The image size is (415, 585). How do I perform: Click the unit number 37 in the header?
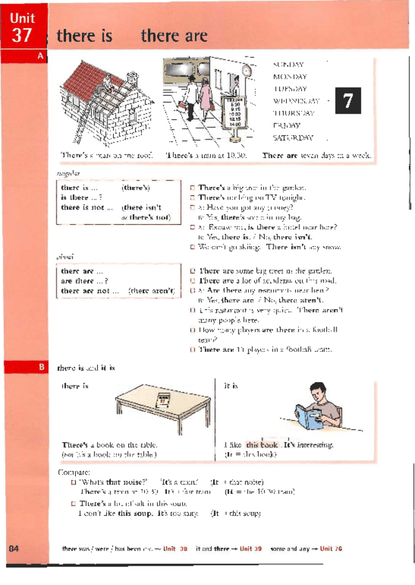pos(21,37)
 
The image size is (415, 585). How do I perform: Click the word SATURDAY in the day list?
pos(293,137)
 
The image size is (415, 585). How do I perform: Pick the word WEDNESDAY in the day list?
pos(296,101)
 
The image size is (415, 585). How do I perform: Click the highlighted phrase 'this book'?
pos(262,445)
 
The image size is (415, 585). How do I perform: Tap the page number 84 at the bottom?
pos(14,548)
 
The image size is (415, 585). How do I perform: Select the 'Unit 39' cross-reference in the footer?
pos(252,548)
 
